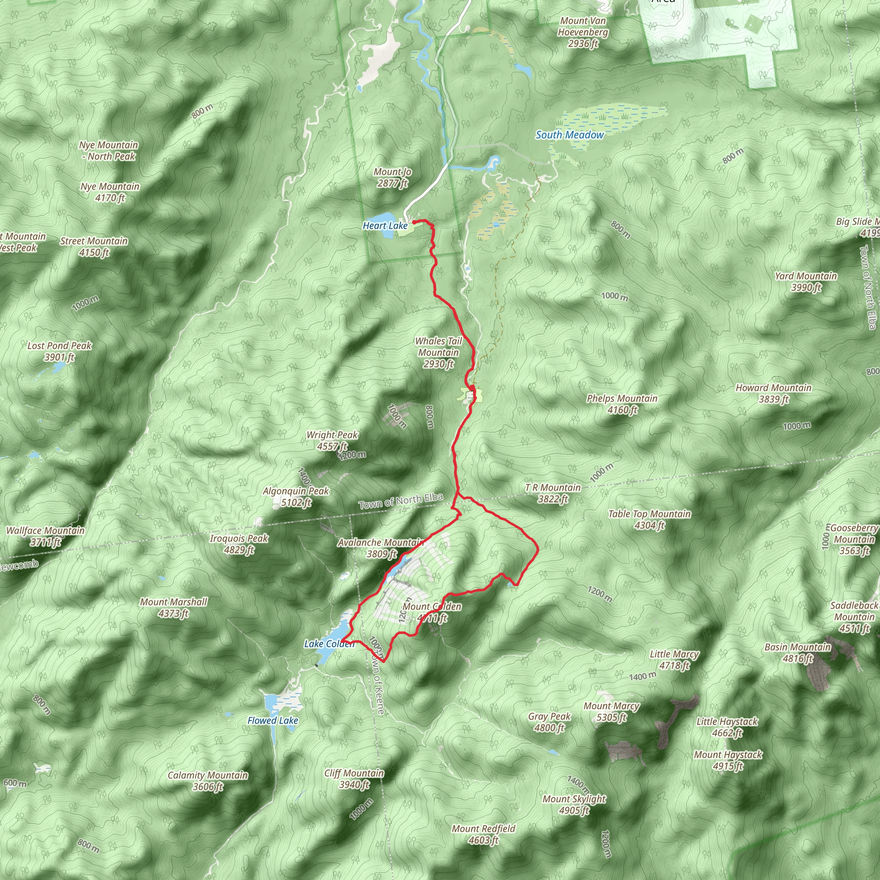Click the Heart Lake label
[x=385, y=226]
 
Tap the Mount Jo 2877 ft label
[x=392, y=177]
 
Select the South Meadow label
[x=569, y=135]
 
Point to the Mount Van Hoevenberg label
[x=583, y=32]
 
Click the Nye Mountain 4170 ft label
[x=110, y=192]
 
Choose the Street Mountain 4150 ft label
[x=94, y=246]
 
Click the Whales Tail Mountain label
[x=438, y=352]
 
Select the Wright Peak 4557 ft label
[x=332, y=440]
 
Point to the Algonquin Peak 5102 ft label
[x=296, y=496]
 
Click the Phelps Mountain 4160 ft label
[x=622, y=404]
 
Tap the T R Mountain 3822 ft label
[x=553, y=493]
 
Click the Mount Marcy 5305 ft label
[x=611, y=712]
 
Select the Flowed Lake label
[x=272, y=721]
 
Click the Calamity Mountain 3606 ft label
[x=208, y=781]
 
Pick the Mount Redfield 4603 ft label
[x=483, y=834]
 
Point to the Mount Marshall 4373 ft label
[x=173, y=608]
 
